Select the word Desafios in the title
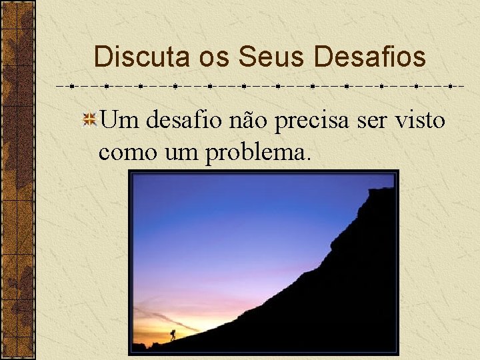369,57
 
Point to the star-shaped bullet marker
89,121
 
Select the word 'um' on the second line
181,153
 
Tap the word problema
256,153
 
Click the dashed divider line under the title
260,87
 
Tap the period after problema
308,159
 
